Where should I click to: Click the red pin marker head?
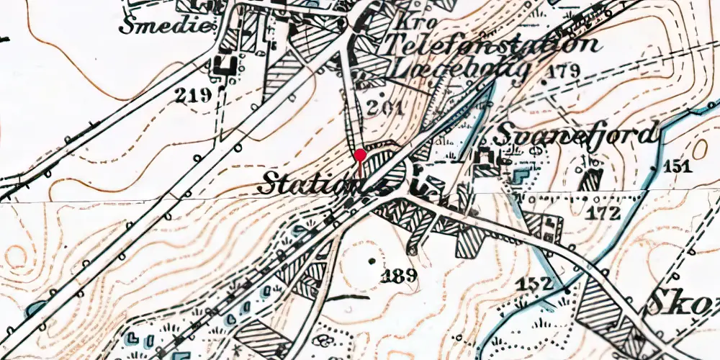tap(360, 154)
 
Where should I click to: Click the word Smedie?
tap(167, 27)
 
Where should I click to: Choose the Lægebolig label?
tap(459, 69)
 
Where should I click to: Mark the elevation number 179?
tap(563, 71)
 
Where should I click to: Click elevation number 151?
tap(677, 166)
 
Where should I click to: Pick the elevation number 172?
tap(603, 212)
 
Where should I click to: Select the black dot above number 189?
tap(372, 261)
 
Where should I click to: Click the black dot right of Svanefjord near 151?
tap(653, 166)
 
